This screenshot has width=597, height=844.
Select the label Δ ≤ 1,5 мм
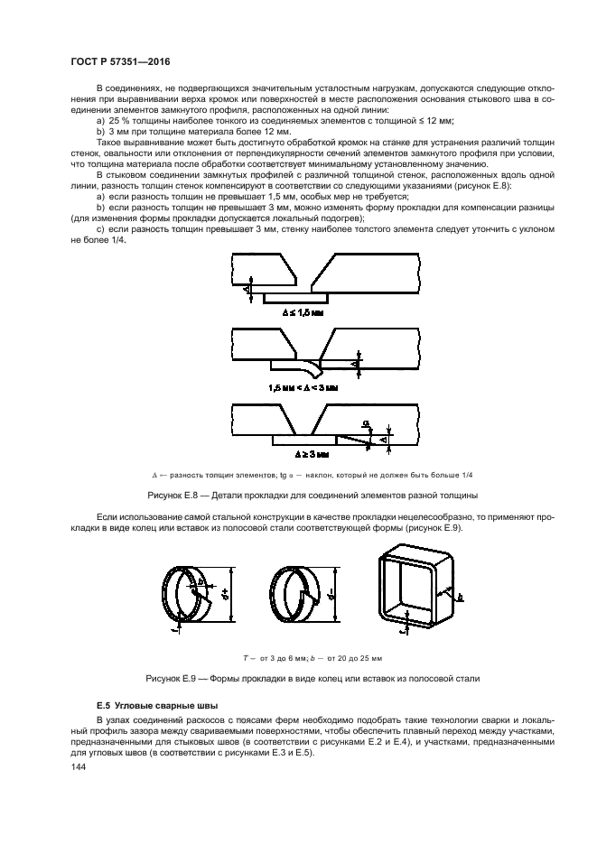(302, 312)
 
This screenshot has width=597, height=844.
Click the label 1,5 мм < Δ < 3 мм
(302, 386)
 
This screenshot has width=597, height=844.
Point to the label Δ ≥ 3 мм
(302, 454)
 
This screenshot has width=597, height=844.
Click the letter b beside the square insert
(459, 597)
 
